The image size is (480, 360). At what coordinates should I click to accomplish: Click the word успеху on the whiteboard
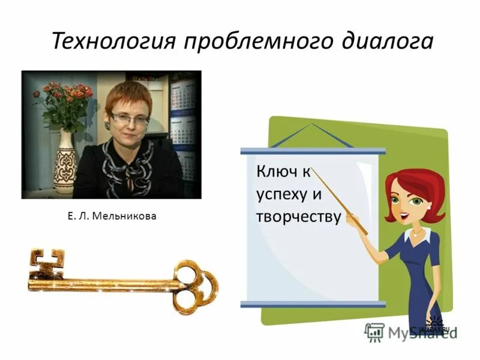(281, 195)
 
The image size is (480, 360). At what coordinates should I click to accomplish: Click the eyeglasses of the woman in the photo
(129, 118)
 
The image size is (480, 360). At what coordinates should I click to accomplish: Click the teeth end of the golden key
(46, 264)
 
